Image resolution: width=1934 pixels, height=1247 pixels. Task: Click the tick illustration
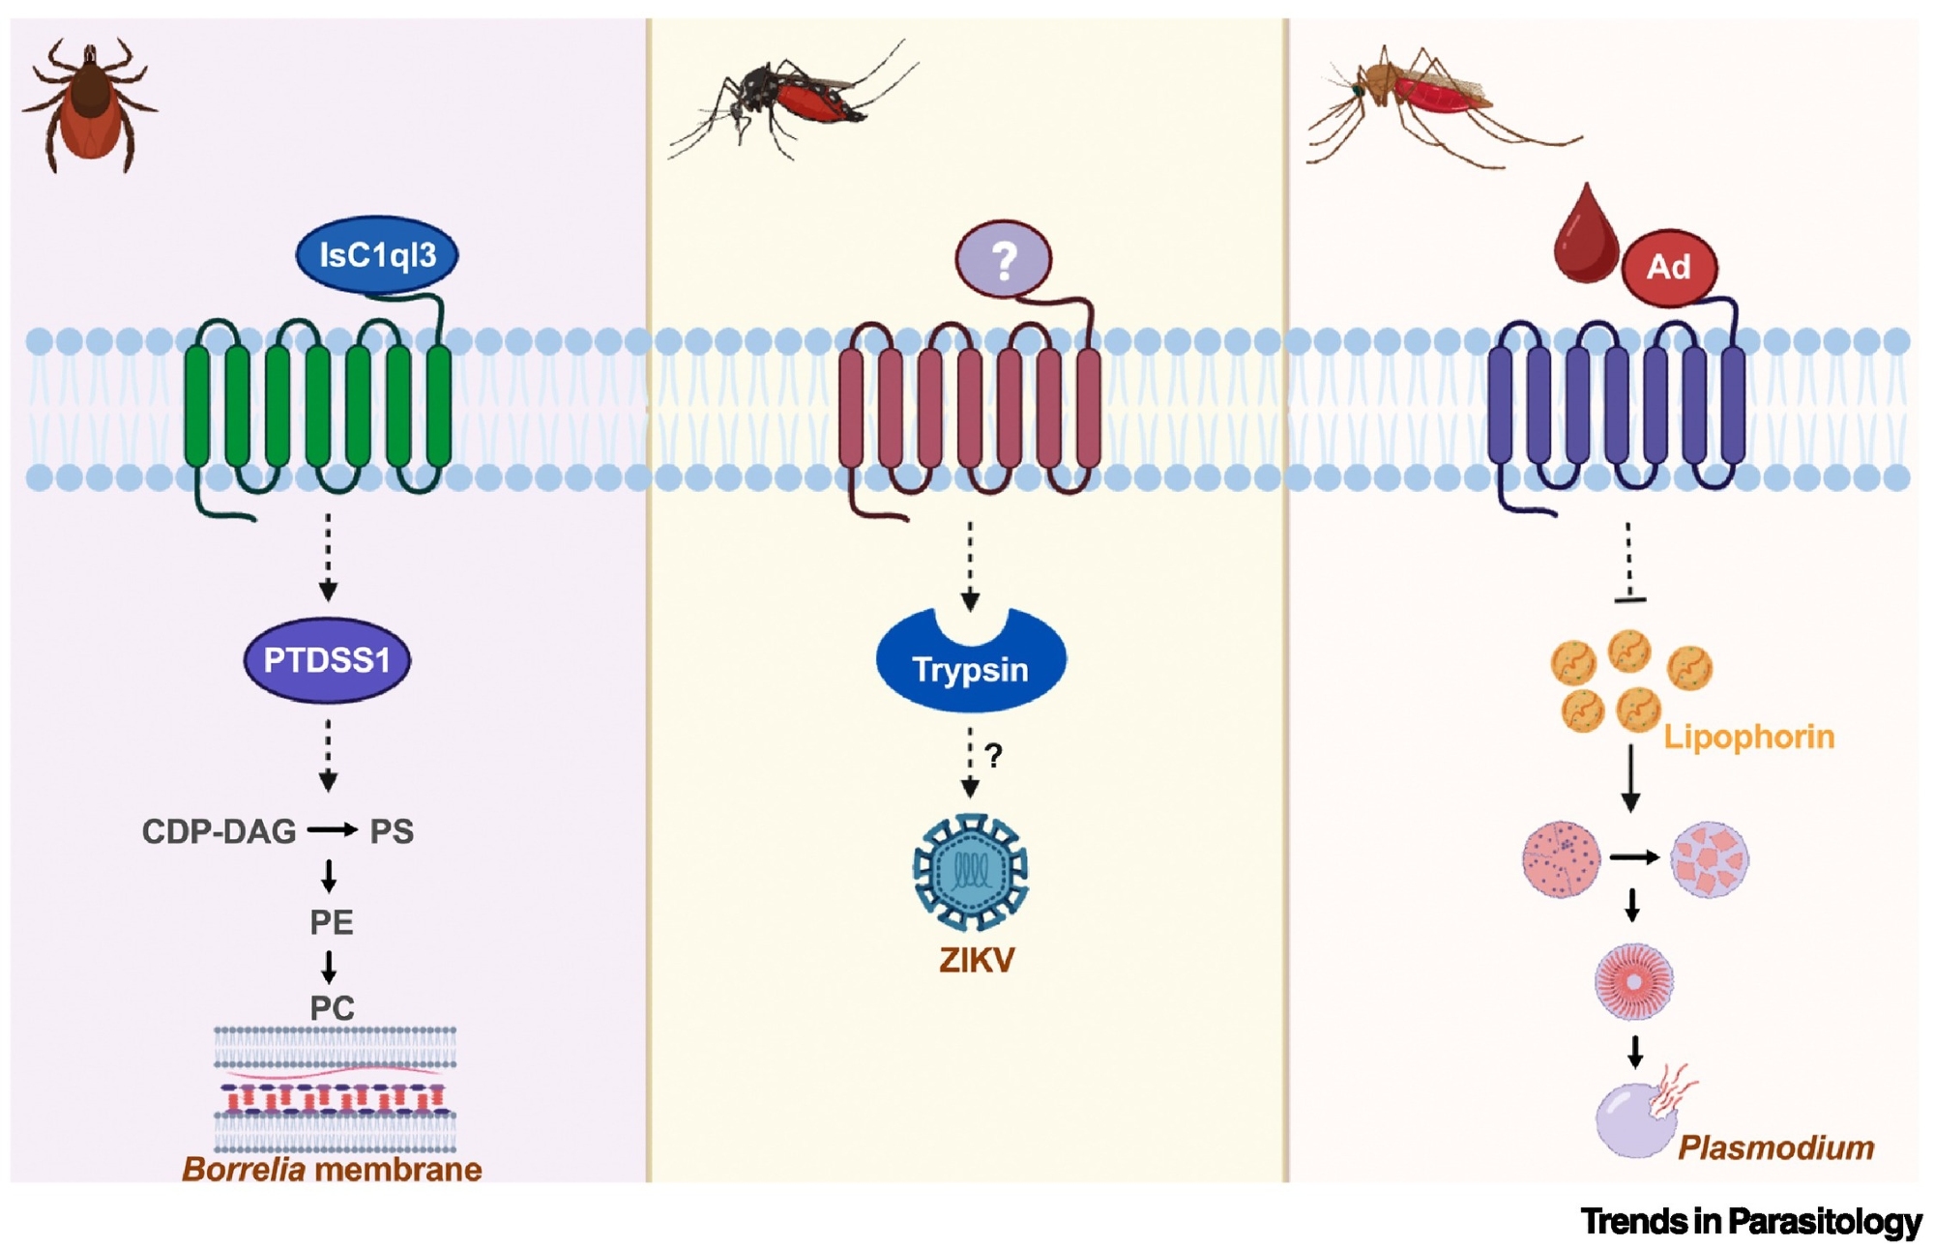click(89, 104)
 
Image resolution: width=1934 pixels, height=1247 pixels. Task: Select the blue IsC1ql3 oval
click(377, 255)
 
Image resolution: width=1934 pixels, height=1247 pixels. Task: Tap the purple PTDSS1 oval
click(327, 660)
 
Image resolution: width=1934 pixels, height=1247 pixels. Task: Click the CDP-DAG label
click(219, 831)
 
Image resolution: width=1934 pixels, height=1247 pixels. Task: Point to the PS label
click(392, 831)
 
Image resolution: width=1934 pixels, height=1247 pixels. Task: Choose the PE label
click(331, 922)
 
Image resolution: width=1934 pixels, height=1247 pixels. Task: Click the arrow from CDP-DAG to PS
click(333, 829)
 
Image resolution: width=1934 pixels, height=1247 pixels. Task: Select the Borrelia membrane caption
click(332, 1170)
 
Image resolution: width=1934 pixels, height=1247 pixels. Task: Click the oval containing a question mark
click(1003, 259)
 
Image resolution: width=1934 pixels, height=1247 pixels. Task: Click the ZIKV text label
click(977, 960)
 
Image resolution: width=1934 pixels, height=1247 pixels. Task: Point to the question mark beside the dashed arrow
click(993, 755)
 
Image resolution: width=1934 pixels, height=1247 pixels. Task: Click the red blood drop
click(1586, 240)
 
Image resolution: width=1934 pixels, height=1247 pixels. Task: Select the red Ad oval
click(1668, 267)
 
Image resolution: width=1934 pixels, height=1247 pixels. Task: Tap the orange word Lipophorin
click(1748, 738)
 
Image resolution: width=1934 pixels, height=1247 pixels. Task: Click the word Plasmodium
click(1775, 1147)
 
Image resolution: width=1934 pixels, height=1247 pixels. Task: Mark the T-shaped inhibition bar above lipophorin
click(1630, 599)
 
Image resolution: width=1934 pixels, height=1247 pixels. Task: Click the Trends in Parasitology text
click(1750, 1222)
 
